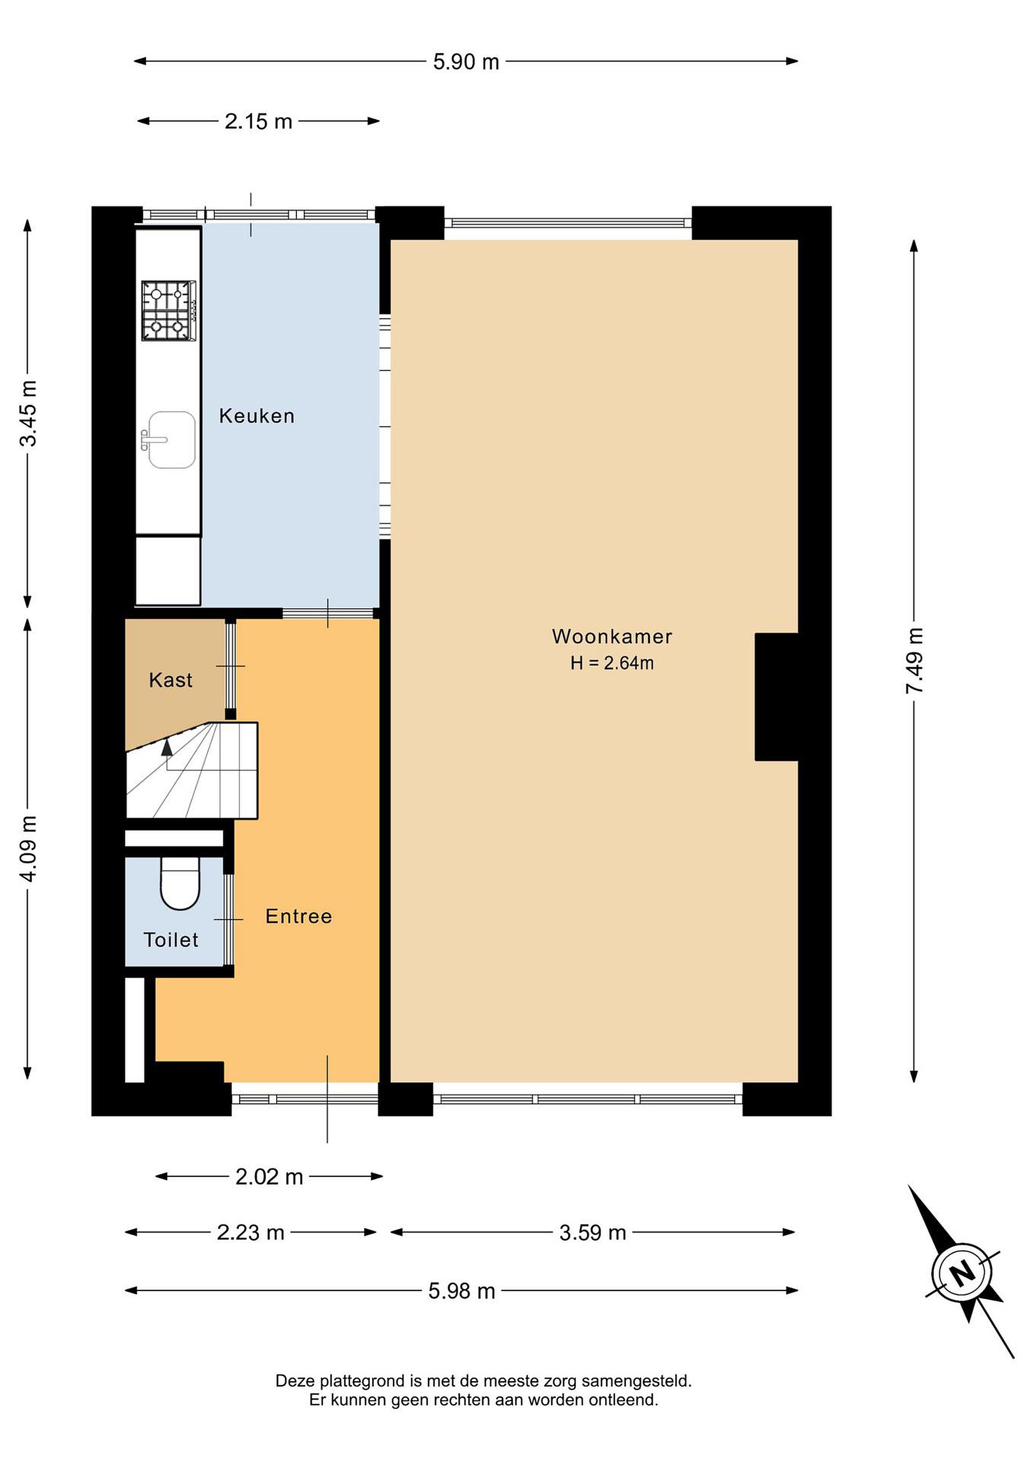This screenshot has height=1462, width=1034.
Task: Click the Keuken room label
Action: coord(256,416)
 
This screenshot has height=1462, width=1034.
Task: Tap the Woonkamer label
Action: coord(612,636)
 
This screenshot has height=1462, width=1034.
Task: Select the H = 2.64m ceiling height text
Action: coord(612,663)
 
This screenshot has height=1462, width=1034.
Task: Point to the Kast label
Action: coord(171,680)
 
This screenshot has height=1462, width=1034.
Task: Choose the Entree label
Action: coord(298,916)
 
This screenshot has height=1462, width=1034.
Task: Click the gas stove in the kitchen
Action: coord(169,310)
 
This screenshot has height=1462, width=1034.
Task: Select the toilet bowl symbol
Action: coord(180,883)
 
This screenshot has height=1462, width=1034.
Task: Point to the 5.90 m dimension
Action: coord(466,62)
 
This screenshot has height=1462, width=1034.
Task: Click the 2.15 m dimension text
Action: coord(258,121)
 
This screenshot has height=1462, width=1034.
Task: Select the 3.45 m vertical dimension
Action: coord(28,413)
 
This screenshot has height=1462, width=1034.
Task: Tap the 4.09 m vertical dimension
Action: coord(28,848)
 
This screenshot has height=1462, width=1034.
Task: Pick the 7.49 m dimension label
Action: coord(915,660)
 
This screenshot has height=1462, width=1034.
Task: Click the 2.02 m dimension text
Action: coord(270,1177)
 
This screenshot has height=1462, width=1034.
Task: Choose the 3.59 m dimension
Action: coord(593,1233)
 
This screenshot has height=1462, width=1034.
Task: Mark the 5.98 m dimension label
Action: coord(461,1291)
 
